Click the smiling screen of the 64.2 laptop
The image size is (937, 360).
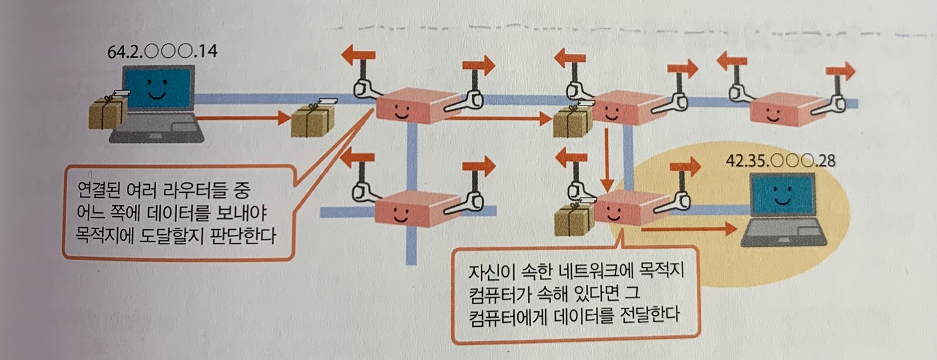pyautogui.click(x=157, y=90)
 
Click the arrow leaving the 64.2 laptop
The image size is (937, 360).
pyautogui.click(x=241, y=118)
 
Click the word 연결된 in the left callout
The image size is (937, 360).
pyautogui.click(x=100, y=192)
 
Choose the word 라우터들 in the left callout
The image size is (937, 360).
pyautogui.click(x=190, y=192)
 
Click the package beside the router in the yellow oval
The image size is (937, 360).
pyautogui.click(x=573, y=220)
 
